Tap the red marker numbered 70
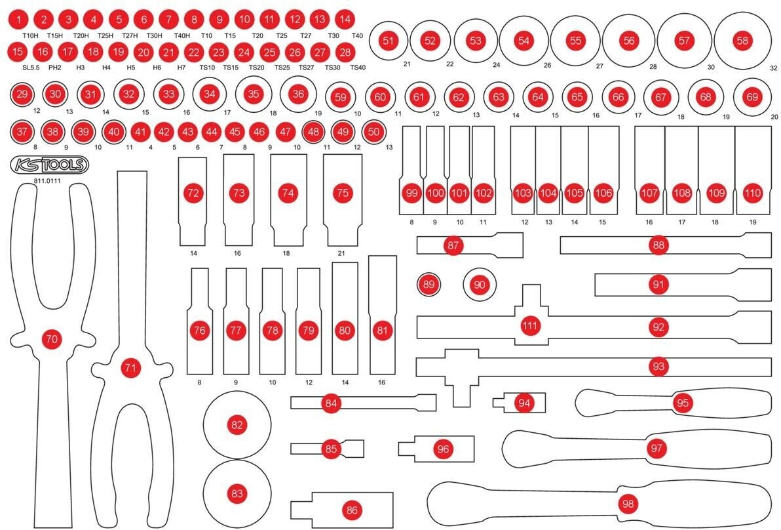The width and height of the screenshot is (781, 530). pos(50,338)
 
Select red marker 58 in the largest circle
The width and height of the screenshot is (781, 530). pos(742,40)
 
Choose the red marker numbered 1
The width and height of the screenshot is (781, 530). pos(20,19)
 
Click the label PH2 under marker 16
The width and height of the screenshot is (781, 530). pos(54,67)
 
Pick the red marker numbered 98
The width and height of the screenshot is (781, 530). pos(628,503)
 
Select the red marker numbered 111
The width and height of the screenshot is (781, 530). pos(529,325)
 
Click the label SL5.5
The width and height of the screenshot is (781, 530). pos(26,67)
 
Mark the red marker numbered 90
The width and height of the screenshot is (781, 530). pos(480,284)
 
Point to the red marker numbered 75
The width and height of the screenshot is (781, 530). pos(341,193)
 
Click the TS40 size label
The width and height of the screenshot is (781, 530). pos(358,67)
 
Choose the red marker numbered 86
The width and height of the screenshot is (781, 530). pos(352,510)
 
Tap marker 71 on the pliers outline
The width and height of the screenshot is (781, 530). pos(130,369)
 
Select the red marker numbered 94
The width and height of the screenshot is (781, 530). pos(524,403)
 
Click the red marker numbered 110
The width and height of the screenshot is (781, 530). pos(753,194)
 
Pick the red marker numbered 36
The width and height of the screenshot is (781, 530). pos(299,94)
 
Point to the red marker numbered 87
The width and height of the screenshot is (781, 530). pos(453,245)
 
